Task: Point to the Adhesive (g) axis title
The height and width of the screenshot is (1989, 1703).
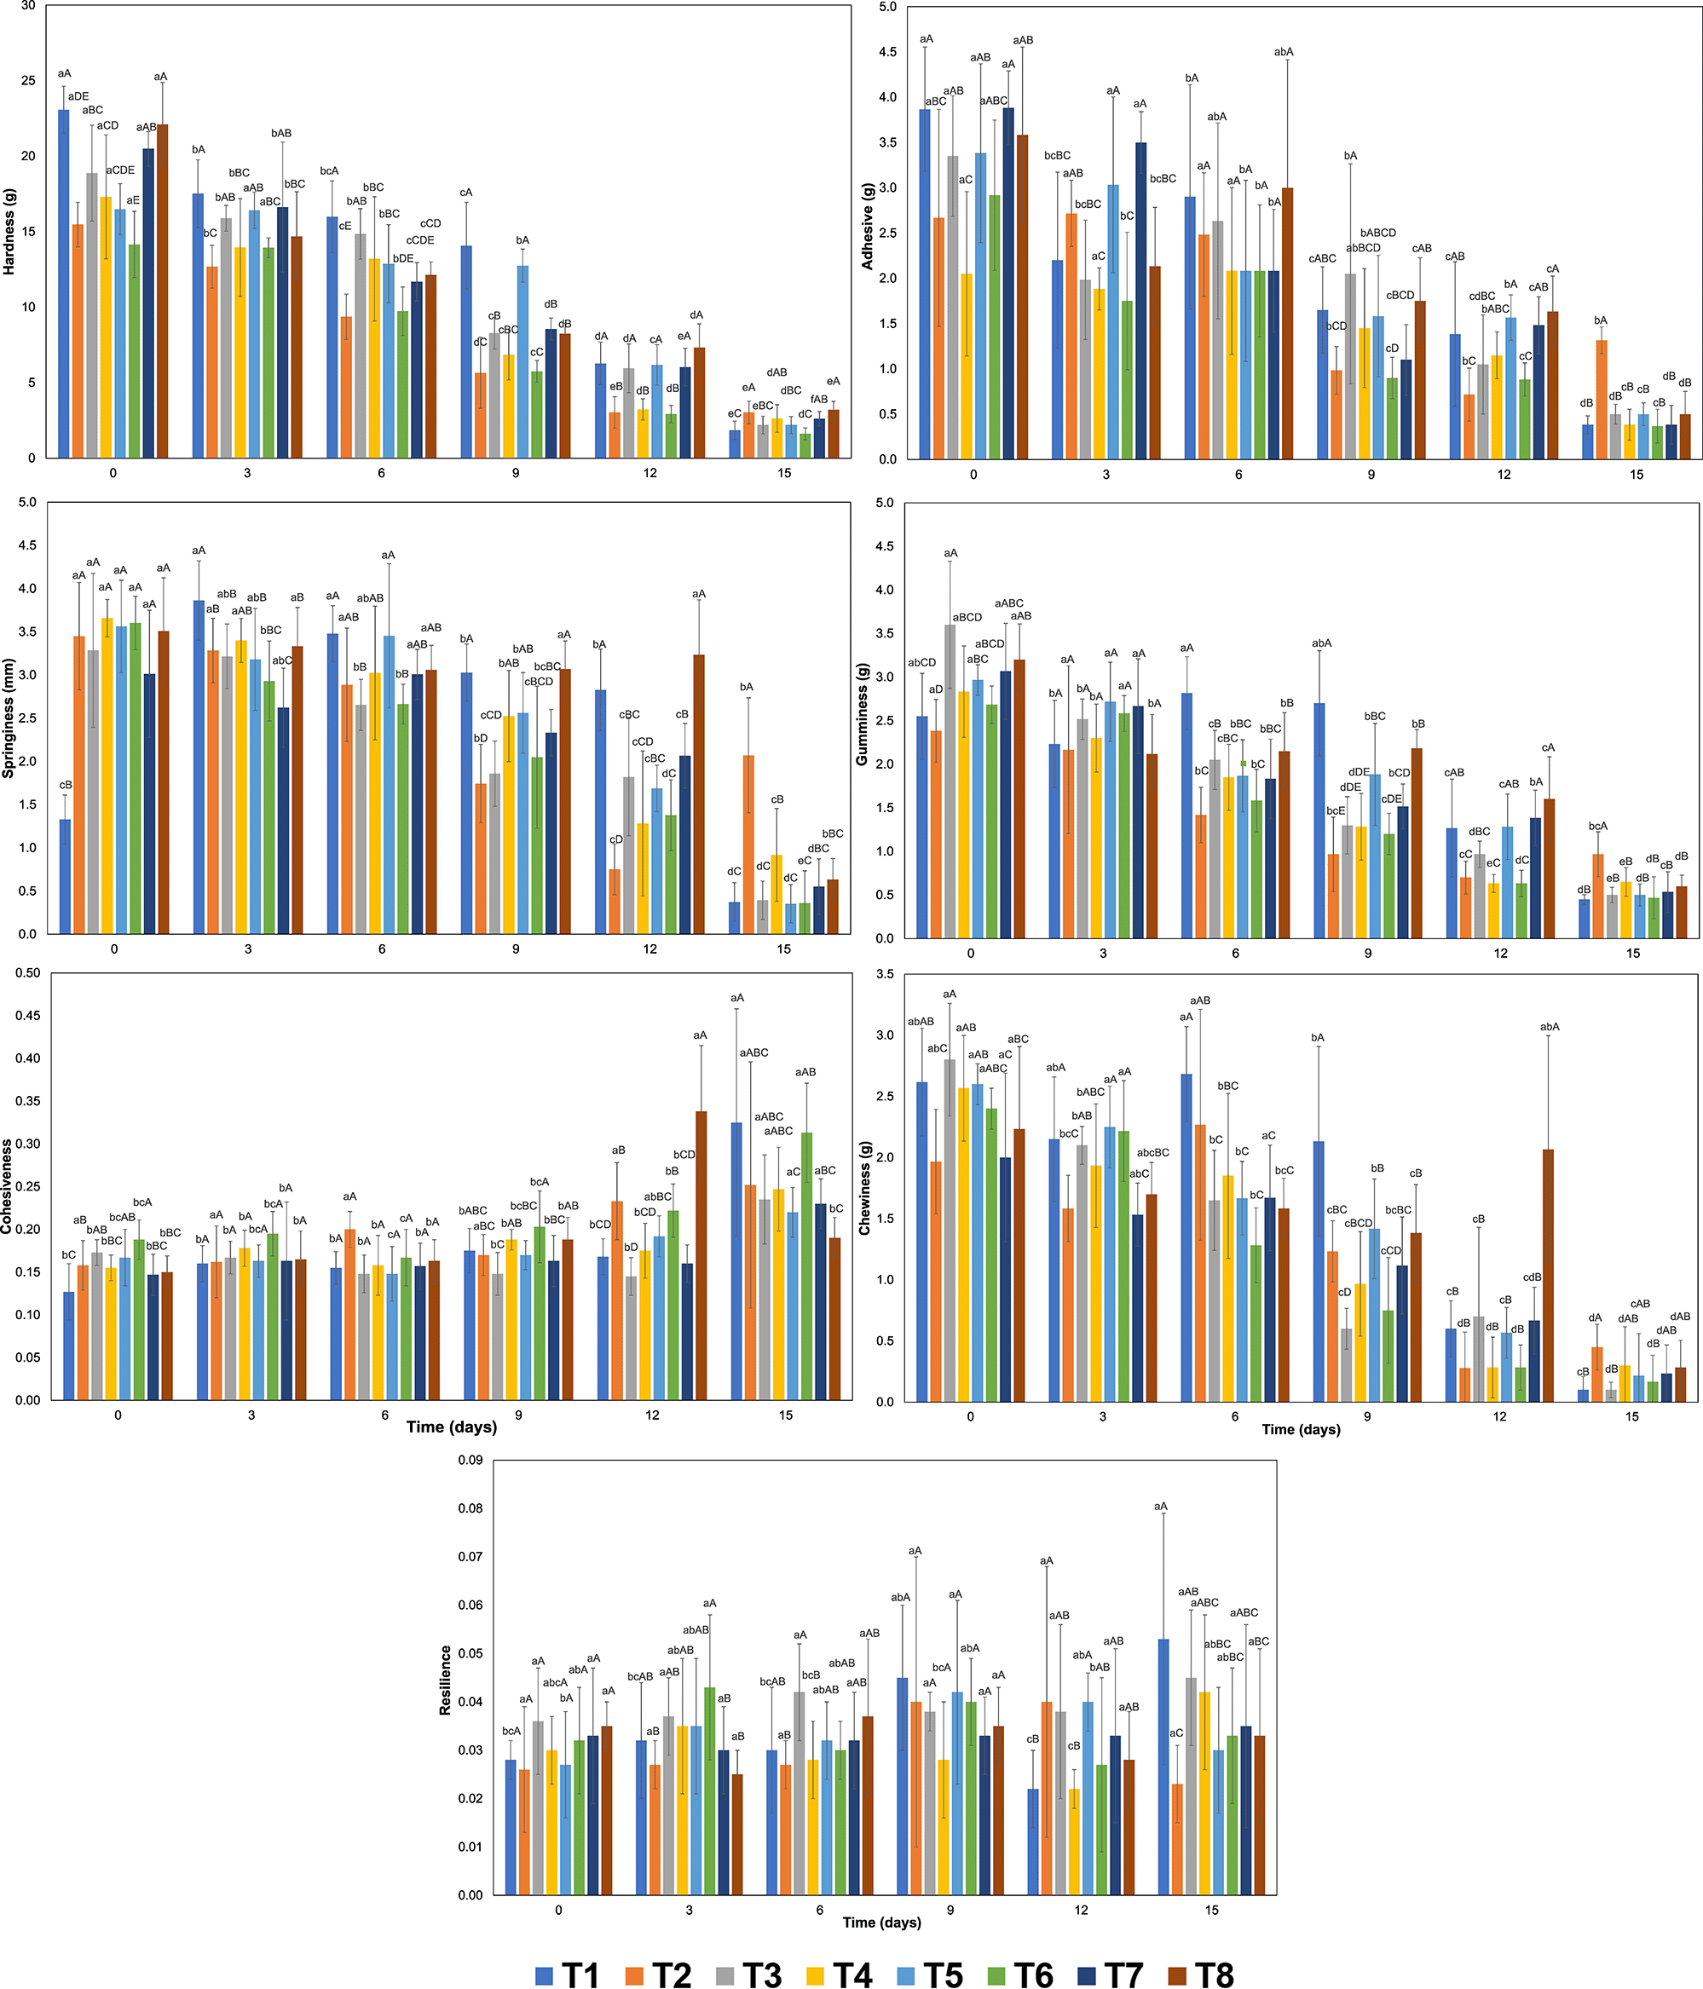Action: tap(867, 227)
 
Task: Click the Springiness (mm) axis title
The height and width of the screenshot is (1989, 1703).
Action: tap(9, 718)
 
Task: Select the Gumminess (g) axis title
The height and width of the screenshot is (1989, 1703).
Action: tap(861, 714)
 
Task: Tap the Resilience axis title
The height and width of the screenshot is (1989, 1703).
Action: tap(446, 1680)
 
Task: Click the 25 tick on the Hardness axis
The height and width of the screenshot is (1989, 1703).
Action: tap(28, 81)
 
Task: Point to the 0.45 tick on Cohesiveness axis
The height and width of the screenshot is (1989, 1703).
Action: tap(27, 1016)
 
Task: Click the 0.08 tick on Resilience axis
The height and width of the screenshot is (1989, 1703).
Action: tap(470, 1508)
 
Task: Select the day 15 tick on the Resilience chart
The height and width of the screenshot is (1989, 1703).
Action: tap(1211, 1911)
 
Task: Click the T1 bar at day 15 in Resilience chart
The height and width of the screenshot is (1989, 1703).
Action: tap(1163, 1767)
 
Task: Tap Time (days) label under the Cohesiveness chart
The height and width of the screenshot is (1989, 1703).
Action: tap(451, 1427)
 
